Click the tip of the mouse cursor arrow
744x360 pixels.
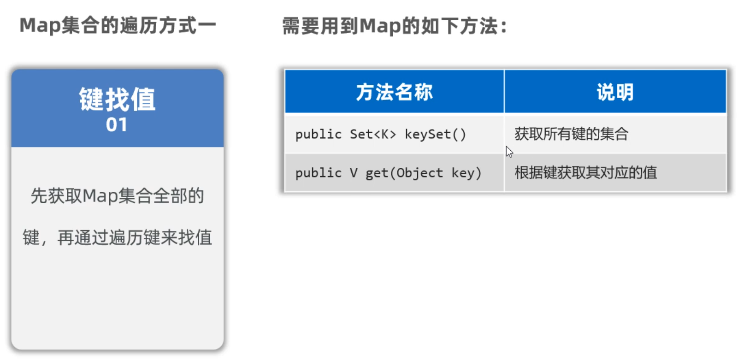tap(507, 146)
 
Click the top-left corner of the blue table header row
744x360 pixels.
tap(285, 70)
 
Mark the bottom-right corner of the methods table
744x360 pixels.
tap(726, 191)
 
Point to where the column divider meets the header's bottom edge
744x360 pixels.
tap(504, 112)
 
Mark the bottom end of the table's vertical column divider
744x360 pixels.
tap(504, 191)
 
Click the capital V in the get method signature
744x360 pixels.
tap(354, 173)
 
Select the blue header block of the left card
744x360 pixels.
tap(118, 108)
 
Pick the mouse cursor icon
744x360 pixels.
tap(509, 152)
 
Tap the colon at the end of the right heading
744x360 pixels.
tap(504, 27)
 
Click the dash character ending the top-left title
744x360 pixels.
tap(207, 25)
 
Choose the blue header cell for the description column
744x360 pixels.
tap(615, 91)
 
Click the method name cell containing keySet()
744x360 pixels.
tap(394, 133)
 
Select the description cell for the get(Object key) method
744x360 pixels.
tap(615, 173)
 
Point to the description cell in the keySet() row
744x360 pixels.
tap(615, 133)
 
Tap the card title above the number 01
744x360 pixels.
tap(117, 99)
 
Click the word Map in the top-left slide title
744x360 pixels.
tap(40, 25)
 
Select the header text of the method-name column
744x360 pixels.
tap(394, 92)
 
